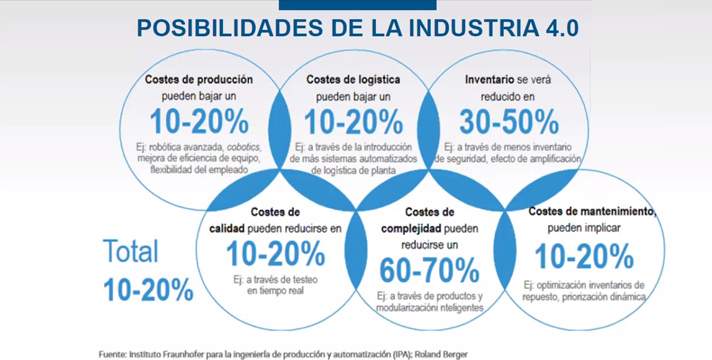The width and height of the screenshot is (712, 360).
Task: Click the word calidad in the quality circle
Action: point(232,228)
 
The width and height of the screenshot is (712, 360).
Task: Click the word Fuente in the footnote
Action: point(118,353)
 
